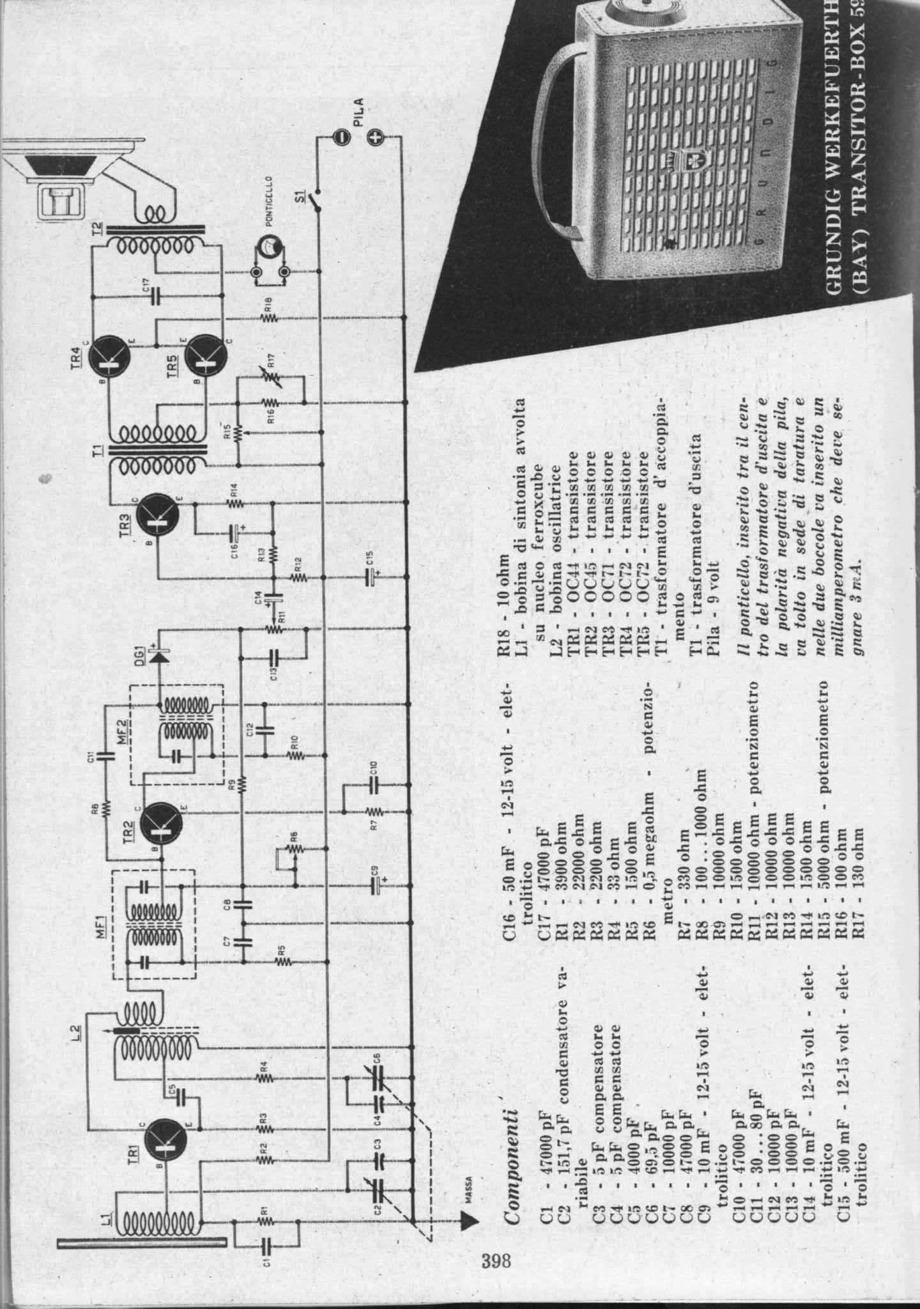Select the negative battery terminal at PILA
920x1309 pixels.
(342, 136)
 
